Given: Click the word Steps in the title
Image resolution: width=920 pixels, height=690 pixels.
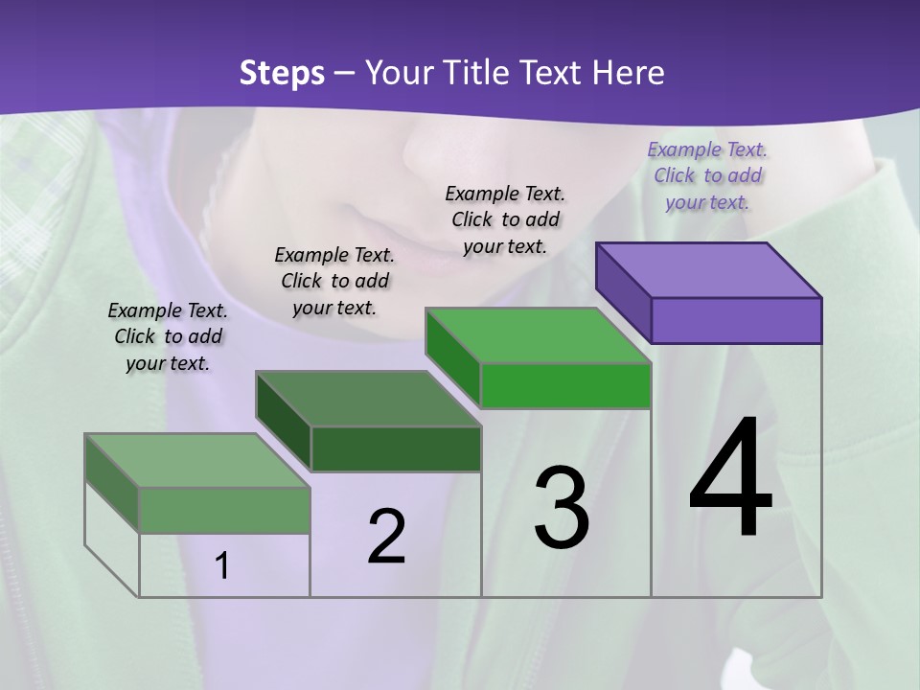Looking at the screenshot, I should (282, 73).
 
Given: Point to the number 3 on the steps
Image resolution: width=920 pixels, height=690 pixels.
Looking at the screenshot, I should (562, 508).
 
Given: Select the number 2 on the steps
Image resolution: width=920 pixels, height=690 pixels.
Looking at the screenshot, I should (386, 537).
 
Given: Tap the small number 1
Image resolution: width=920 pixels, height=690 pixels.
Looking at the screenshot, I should (222, 566).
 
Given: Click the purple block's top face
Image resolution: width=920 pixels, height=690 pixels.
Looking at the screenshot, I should (709, 269).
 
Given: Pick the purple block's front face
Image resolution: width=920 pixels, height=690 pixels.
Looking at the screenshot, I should (736, 320).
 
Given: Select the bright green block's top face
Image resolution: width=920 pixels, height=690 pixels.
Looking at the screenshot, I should (539, 335).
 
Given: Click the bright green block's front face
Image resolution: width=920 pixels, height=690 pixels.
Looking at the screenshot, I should (565, 386).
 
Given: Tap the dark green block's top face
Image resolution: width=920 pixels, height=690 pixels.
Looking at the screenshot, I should (368, 399).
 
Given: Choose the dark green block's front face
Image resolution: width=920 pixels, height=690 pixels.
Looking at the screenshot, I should (396, 448).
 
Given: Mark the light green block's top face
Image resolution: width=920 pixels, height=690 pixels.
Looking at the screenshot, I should (197, 460).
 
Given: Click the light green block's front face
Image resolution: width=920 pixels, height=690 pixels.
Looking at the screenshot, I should (224, 510).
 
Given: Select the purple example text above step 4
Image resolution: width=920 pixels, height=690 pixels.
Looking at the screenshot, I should (707, 175).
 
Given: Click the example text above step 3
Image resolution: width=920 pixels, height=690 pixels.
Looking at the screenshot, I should (505, 219).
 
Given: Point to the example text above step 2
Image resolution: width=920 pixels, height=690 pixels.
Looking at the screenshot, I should (334, 281).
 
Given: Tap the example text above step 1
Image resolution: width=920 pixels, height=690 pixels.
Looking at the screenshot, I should (168, 336).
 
